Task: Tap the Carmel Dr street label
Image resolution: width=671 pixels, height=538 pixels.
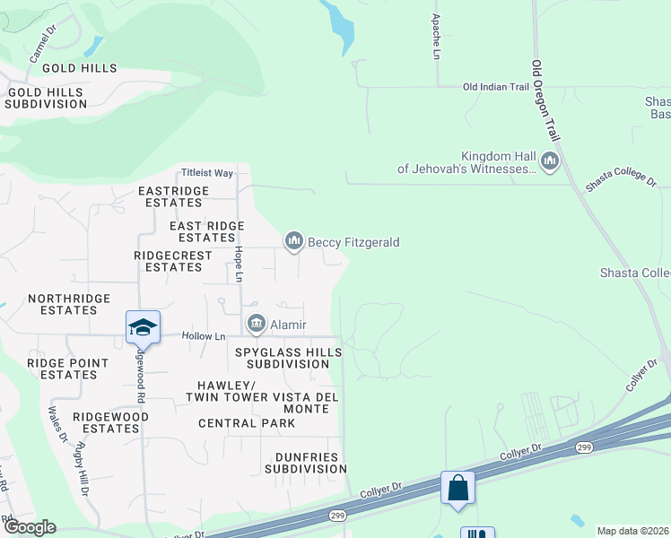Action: (43, 44)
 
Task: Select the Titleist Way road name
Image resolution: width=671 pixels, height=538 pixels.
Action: (206, 172)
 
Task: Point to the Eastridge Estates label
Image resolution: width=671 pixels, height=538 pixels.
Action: (174, 196)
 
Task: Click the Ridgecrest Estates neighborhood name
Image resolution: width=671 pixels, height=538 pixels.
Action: (173, 261)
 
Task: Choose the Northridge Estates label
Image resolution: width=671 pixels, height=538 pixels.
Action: (69, 304)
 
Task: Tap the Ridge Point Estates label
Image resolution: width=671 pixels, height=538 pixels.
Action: (68, 369)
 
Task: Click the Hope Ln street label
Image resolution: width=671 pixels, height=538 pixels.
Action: (240, 265)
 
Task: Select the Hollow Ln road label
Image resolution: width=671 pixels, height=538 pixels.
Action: (203, 336)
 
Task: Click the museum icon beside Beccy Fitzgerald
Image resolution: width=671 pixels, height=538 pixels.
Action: (293, 240)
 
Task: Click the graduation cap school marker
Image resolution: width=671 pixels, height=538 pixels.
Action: (143, 327)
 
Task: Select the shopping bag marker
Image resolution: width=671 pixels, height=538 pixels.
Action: (457, 489)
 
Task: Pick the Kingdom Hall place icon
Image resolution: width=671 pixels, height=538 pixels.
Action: (550, 161)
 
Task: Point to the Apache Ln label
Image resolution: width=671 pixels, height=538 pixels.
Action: (436, 36)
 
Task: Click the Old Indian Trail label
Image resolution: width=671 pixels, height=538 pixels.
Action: (496, 87)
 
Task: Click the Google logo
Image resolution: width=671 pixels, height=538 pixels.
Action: (30, 527)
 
